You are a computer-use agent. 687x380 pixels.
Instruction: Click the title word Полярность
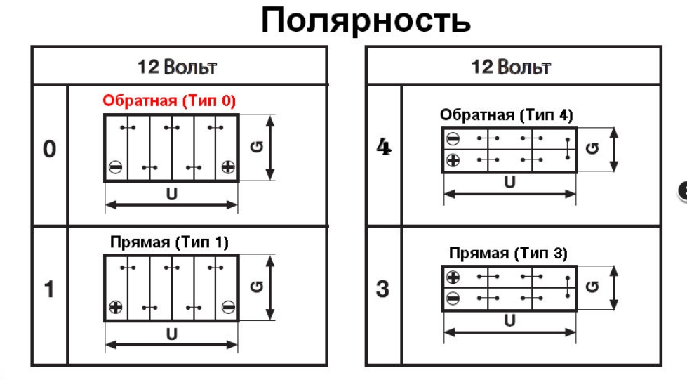[366, 22]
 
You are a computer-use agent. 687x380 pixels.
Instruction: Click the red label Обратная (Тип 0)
[169, 101]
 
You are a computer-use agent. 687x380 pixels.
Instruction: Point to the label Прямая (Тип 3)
[508, 253]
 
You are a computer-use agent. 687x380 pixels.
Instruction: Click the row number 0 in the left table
[49, 150]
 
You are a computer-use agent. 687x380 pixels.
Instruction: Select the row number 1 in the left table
[49, 289]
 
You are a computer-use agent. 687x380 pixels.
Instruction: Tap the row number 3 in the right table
[383, 289]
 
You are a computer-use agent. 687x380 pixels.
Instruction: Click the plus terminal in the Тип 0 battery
[227, 167]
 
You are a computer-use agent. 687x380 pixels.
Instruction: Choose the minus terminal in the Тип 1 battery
[227, 307]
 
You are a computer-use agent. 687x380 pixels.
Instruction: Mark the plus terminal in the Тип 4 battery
[453, 161]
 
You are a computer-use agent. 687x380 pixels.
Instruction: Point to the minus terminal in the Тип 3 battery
[453, 299]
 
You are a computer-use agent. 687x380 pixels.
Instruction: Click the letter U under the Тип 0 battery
[172, 194]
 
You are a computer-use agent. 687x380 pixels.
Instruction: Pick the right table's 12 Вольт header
[511, 67]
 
